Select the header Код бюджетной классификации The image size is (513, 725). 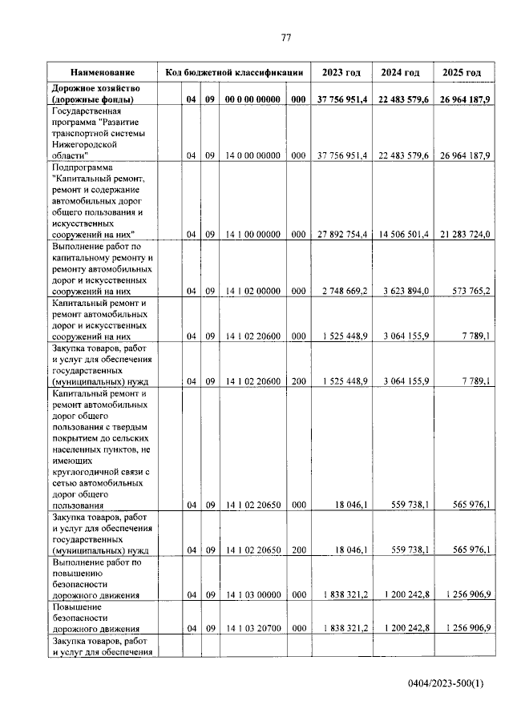click(233, 73)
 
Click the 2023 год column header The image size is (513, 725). click(341, 73)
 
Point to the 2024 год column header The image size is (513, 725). click(400, 73)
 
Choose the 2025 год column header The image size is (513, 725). click(462, 73)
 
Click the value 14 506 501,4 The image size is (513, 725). click(402, 235)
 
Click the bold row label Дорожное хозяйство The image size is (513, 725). click(96, 87)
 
